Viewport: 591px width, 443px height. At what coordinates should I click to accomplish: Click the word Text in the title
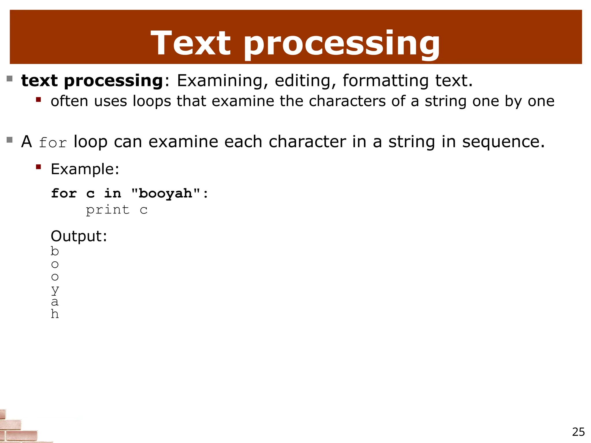190,43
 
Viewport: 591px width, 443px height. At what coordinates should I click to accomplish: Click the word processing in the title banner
342,45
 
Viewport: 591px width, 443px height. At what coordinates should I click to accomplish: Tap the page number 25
578,432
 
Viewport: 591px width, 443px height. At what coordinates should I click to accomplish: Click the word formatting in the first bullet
386,81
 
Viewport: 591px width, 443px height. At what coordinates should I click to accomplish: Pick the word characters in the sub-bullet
347,101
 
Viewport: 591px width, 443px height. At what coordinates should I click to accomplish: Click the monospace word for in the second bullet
53,143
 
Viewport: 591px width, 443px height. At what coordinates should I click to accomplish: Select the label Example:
85,169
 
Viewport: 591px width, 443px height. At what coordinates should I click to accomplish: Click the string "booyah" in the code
166,194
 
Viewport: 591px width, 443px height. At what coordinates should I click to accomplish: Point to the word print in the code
108,210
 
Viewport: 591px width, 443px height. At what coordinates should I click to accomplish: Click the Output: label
79,236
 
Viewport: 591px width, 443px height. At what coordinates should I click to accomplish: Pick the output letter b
55,251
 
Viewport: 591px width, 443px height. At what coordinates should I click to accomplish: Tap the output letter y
55,290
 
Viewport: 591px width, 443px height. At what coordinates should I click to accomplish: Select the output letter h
55,314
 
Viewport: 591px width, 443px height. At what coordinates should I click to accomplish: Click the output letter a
55,302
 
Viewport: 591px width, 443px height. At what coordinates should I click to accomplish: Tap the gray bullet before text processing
10,78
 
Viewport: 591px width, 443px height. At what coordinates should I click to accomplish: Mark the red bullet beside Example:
38,167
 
